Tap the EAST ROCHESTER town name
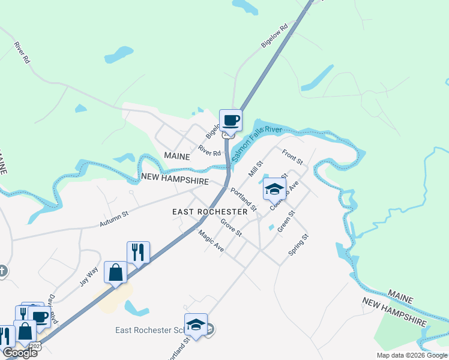pyautogui.click(x=209, y=212)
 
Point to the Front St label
pyautogui.click(x=293, y=158)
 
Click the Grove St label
pyautogui.click(x=231, y=228)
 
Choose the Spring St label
pyautogui.click(x=298, y=245)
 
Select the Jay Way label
pyautogui.click(x=88, y=277)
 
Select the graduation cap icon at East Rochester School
pyautogui.click(x=196, y=325)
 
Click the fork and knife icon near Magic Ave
pyautogui.click(x=138, y=253)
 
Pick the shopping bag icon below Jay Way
pyautogui.click(x=115, y=272)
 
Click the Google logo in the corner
pyautogui.click(x=20, y=353)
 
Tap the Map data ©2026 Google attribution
pyautogui.click(x=412, y=355)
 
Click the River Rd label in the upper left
pyautogui.click(x=22, y=53)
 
